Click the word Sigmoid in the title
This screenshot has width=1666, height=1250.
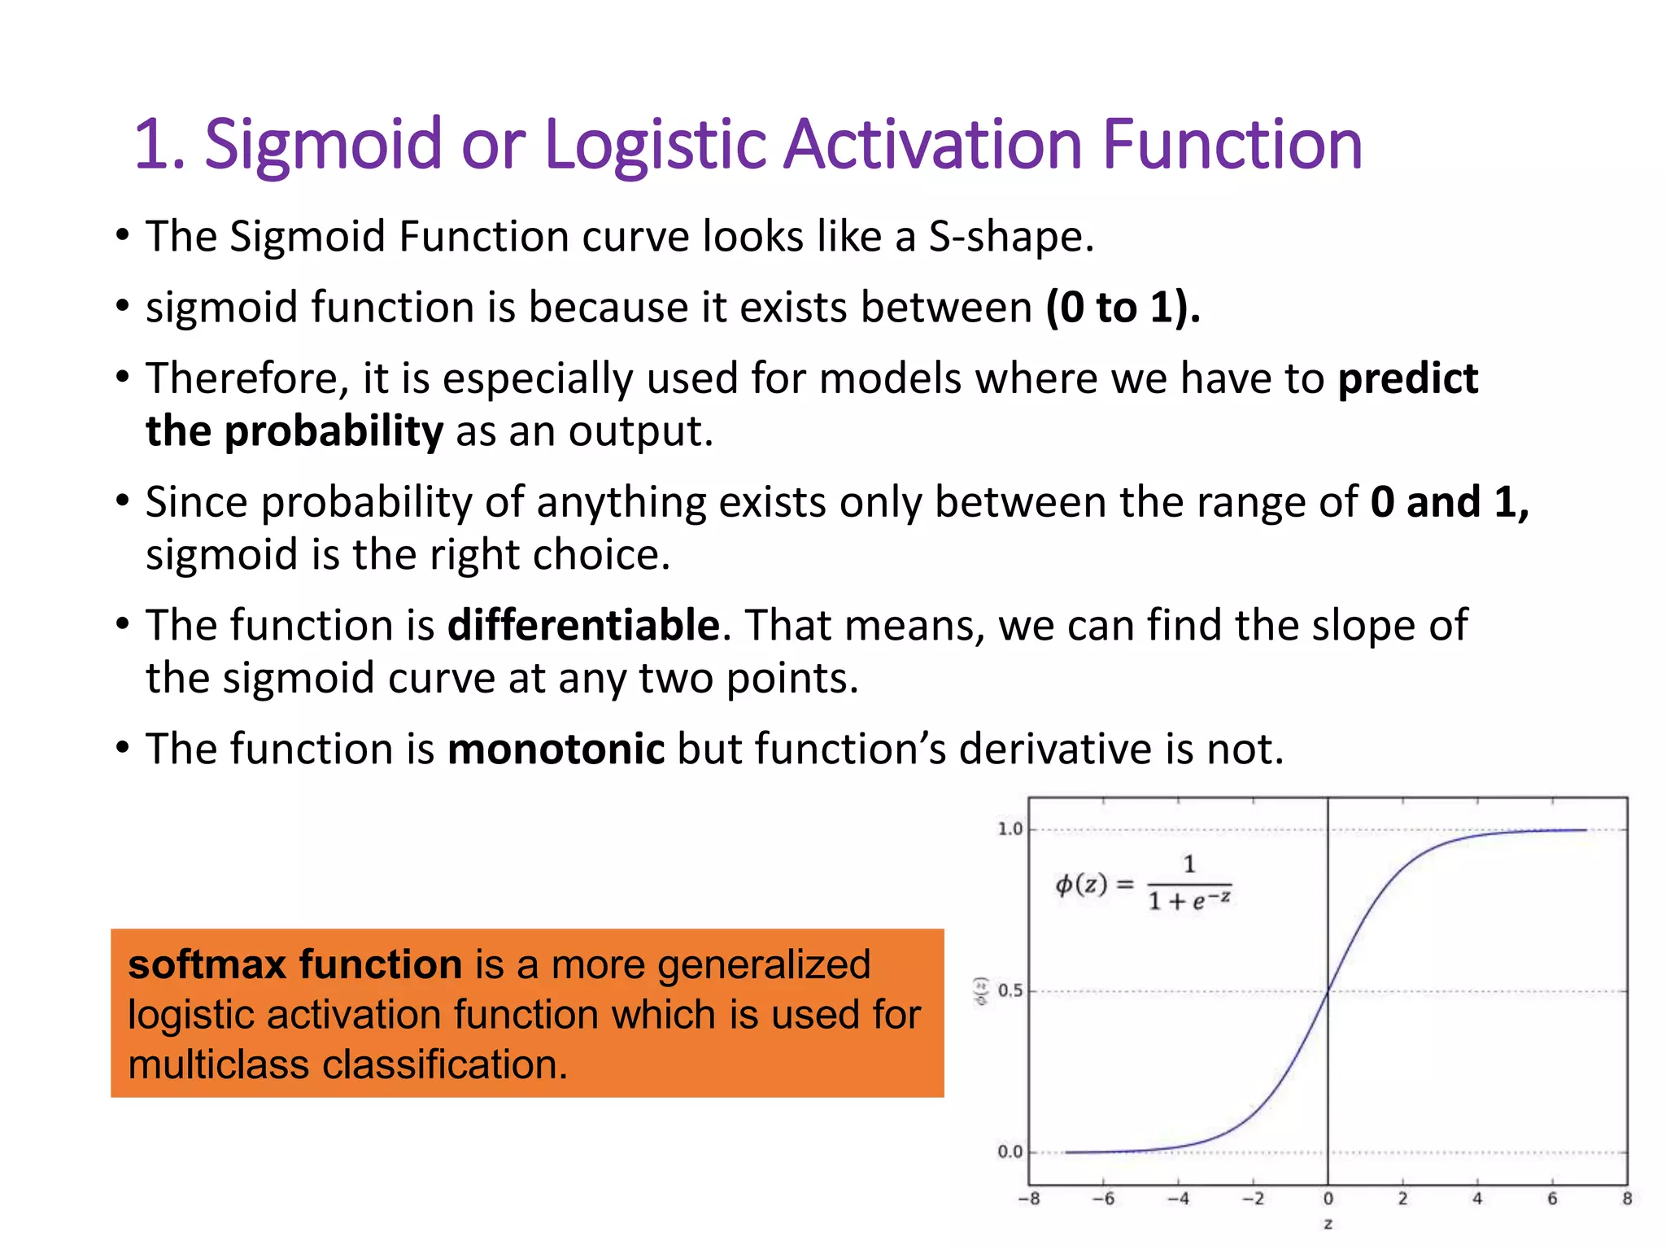click(322, 145)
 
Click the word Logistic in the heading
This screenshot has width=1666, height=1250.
click(656, 145)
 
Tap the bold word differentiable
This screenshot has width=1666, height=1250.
click(583, 626)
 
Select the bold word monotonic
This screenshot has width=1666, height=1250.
click(556, 749)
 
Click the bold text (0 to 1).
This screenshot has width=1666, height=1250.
click(1123, 308)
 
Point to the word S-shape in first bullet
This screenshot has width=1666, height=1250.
click(1011, 237)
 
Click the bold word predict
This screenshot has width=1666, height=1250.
click(1407, 379)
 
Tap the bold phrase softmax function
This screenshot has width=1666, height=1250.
click(294, 964)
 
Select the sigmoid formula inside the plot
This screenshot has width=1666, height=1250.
click(1143, 884)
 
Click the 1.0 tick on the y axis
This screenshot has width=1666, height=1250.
click(1010, 829)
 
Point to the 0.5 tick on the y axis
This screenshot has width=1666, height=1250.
click(1010, 991)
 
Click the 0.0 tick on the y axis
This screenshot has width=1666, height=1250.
click(1010, 1152)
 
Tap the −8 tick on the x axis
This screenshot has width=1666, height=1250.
click(1028, 1199)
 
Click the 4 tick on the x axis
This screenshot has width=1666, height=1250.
click(1477, 1199)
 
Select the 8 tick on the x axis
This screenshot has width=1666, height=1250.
click(1627, 1199)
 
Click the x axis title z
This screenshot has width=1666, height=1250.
click(1328, 1224)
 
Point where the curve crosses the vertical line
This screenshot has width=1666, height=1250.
click(1328, 990)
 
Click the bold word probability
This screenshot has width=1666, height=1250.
click(334, 431)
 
